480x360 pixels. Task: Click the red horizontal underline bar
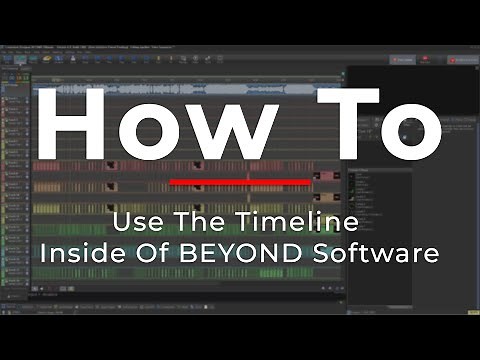240,182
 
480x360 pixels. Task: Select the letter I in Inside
44,253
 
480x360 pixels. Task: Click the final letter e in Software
431,255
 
